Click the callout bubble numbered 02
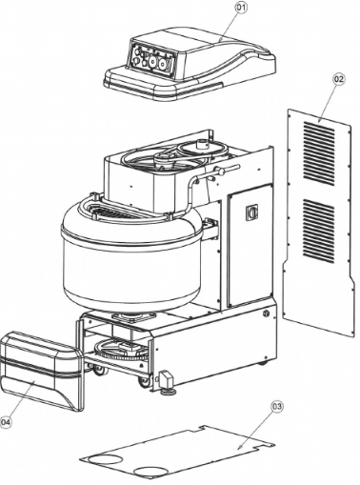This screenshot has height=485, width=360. (x=337, y=79)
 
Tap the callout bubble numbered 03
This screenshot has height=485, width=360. (x=277, y=407)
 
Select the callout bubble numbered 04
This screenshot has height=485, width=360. (x=7, y=420)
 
